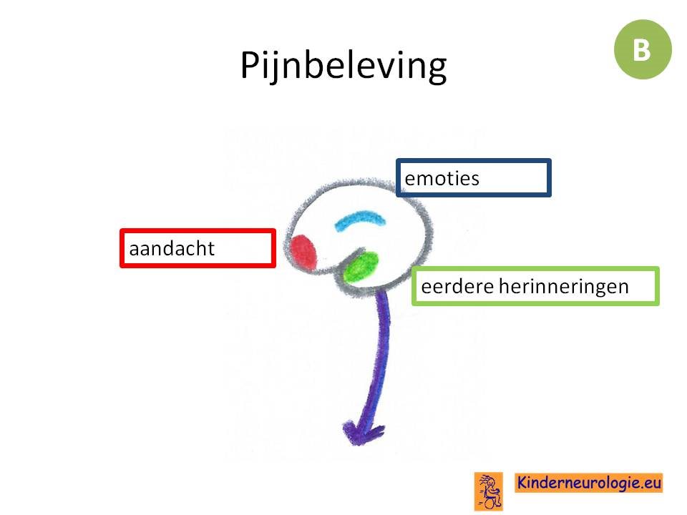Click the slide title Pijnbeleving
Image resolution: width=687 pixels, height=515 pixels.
tap(343, 66)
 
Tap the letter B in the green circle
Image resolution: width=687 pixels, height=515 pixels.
tap(642, 50)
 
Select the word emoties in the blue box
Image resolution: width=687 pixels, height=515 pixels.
tap(442, 179)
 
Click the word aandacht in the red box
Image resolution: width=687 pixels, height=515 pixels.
tap(172, 249)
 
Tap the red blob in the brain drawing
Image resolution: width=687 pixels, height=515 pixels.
tap(303, 252)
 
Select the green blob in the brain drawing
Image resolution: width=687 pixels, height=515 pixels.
tap(361, 267)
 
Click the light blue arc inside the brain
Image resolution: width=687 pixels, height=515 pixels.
tap(360, 218)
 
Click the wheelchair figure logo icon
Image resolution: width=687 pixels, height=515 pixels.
tap(489, 491)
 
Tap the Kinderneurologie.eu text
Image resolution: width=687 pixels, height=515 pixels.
tap(588, 483)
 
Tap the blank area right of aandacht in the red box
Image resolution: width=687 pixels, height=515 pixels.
tap(243, 249)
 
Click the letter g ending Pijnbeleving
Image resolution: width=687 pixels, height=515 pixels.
tap(436, 70)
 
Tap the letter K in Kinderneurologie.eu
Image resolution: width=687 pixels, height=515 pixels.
tap(522, 482)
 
